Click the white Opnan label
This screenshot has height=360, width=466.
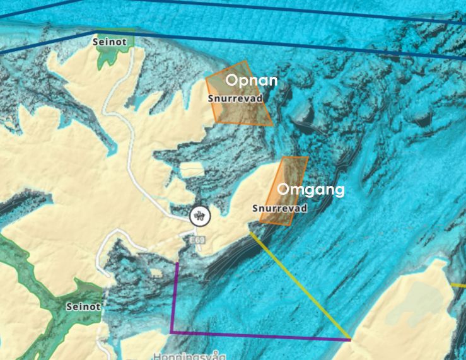click(251, 81)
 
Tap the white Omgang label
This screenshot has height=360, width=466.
click(311, 189)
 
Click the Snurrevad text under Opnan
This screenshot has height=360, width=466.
click(235, 99)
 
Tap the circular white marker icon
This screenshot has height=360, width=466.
click(200, 216)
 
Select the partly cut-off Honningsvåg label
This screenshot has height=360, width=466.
click(189, 356)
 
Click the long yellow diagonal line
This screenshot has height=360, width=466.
click(300, 284)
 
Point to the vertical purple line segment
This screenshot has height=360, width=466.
click(175, 296)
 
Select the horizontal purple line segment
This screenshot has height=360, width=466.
click(259, 335)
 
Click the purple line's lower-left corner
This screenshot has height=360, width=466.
click(172, 332)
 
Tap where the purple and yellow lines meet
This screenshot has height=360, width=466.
click(350, 339)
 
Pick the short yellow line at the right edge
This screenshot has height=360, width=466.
click(458, 284)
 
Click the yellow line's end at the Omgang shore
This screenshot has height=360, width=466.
click(250, 231)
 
